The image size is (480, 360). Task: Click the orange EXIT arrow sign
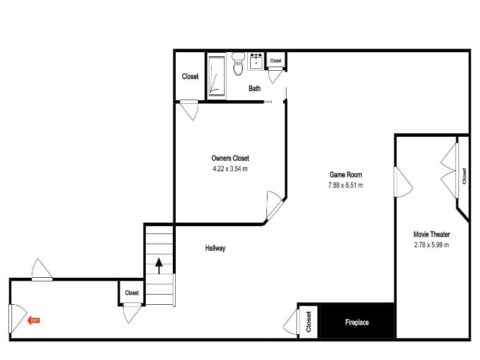click(x=34, y=320)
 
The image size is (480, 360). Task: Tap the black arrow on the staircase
click(x=159, y=266)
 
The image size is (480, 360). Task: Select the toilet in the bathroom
click(x=238, y=64)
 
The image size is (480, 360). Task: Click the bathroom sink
click(x=256, y=62)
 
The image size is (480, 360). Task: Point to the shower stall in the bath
click(x=217, y=76)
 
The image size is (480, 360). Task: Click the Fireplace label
click(x=356, y=322)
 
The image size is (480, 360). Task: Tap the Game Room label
click(x=346, y=175)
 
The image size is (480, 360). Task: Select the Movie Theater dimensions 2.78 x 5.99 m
click(x=431, y=245)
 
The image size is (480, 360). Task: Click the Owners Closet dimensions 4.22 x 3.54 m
click(x=230, y=169)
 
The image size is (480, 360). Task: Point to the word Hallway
click(x=215, y=248)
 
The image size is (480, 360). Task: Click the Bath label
click(x=254, y=88)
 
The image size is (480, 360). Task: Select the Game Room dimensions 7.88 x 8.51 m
click(x=346, y=185)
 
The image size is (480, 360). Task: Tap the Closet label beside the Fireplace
click(x=308, y=322)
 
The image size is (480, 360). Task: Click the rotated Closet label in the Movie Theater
click(x=464, y=176)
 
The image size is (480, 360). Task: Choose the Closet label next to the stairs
click(x=132, y=293)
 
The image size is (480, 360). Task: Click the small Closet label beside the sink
click(x=276, y=61)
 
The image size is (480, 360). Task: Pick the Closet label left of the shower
click(x=190, y=76)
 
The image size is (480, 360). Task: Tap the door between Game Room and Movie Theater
click(x=403, y=182)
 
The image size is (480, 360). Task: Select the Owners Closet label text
click(x=230, y=158)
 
